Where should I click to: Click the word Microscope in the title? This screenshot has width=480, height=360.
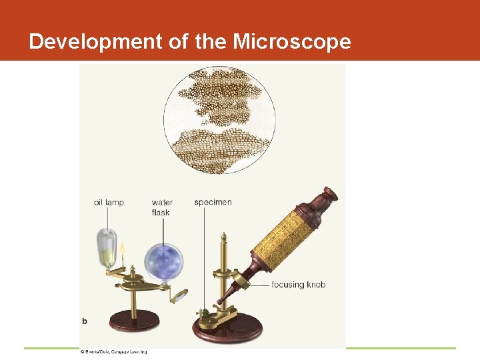[291, 41]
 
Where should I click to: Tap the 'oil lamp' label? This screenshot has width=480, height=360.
[108, 203]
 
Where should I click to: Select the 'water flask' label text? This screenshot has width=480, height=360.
[161, 207]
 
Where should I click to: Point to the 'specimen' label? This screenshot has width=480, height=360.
[213, 202]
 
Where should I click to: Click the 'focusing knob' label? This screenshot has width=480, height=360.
[298, 285]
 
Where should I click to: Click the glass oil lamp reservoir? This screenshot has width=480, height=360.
[107, 248]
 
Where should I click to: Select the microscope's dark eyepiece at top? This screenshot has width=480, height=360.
[330, 195]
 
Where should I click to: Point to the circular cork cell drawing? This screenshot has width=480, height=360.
[219, 119]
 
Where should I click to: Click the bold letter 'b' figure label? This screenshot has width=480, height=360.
[85, 321]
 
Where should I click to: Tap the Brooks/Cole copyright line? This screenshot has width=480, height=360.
[113, 351]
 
